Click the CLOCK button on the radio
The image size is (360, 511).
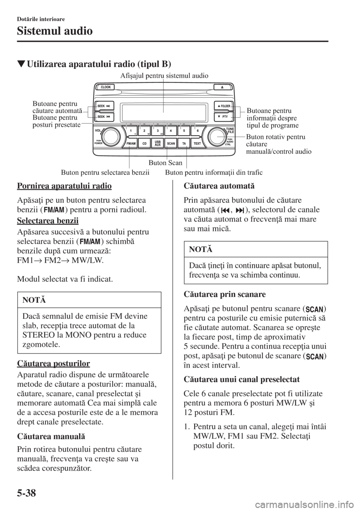click(106, 87)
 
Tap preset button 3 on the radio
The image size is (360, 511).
click(157, 131)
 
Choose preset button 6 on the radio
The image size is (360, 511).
click(197, 131)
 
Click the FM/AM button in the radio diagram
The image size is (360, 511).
click(131, 143)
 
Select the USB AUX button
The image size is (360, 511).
click(157, 143)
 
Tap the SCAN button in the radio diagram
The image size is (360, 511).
click(171, 143)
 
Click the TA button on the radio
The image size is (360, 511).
click(184, 143)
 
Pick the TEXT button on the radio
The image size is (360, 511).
click(197, 143)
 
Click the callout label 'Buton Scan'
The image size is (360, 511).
click(165, 163)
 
